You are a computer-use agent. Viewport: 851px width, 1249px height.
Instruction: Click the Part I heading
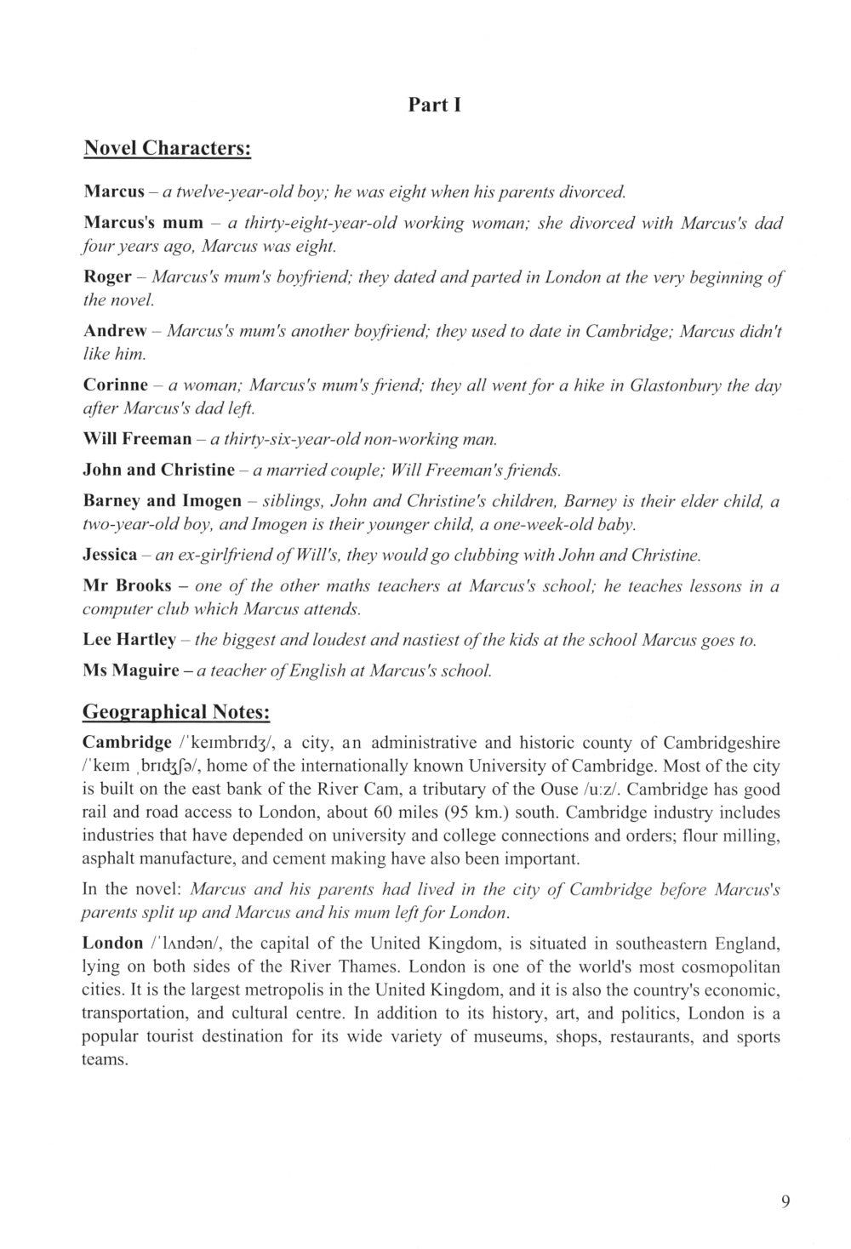[x=434, y=106]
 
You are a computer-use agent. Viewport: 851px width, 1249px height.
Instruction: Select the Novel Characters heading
[x=167, y=149]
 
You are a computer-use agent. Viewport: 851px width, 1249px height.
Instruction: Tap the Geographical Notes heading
[x=176, y=711]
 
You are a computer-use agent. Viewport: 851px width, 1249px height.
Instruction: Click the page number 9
[x=784, y=1201]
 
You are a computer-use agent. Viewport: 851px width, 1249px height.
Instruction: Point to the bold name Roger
[x=107, y=277]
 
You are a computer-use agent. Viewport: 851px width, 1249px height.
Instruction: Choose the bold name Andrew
[x=115, y=330]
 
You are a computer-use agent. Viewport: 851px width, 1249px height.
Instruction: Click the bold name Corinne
[x=116, y=385]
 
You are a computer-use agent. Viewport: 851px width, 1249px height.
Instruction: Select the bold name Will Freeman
[x=137, y=440]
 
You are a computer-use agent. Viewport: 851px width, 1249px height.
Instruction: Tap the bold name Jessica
[x=110, y=555]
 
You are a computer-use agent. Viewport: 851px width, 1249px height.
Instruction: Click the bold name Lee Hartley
[x=129, y=640]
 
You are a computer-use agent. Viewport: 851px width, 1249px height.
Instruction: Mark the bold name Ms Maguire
[x=131, y=670]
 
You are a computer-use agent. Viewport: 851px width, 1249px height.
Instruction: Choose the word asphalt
[x=107, y=858]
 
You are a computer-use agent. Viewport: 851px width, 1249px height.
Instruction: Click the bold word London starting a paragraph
[x=112, y=944]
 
